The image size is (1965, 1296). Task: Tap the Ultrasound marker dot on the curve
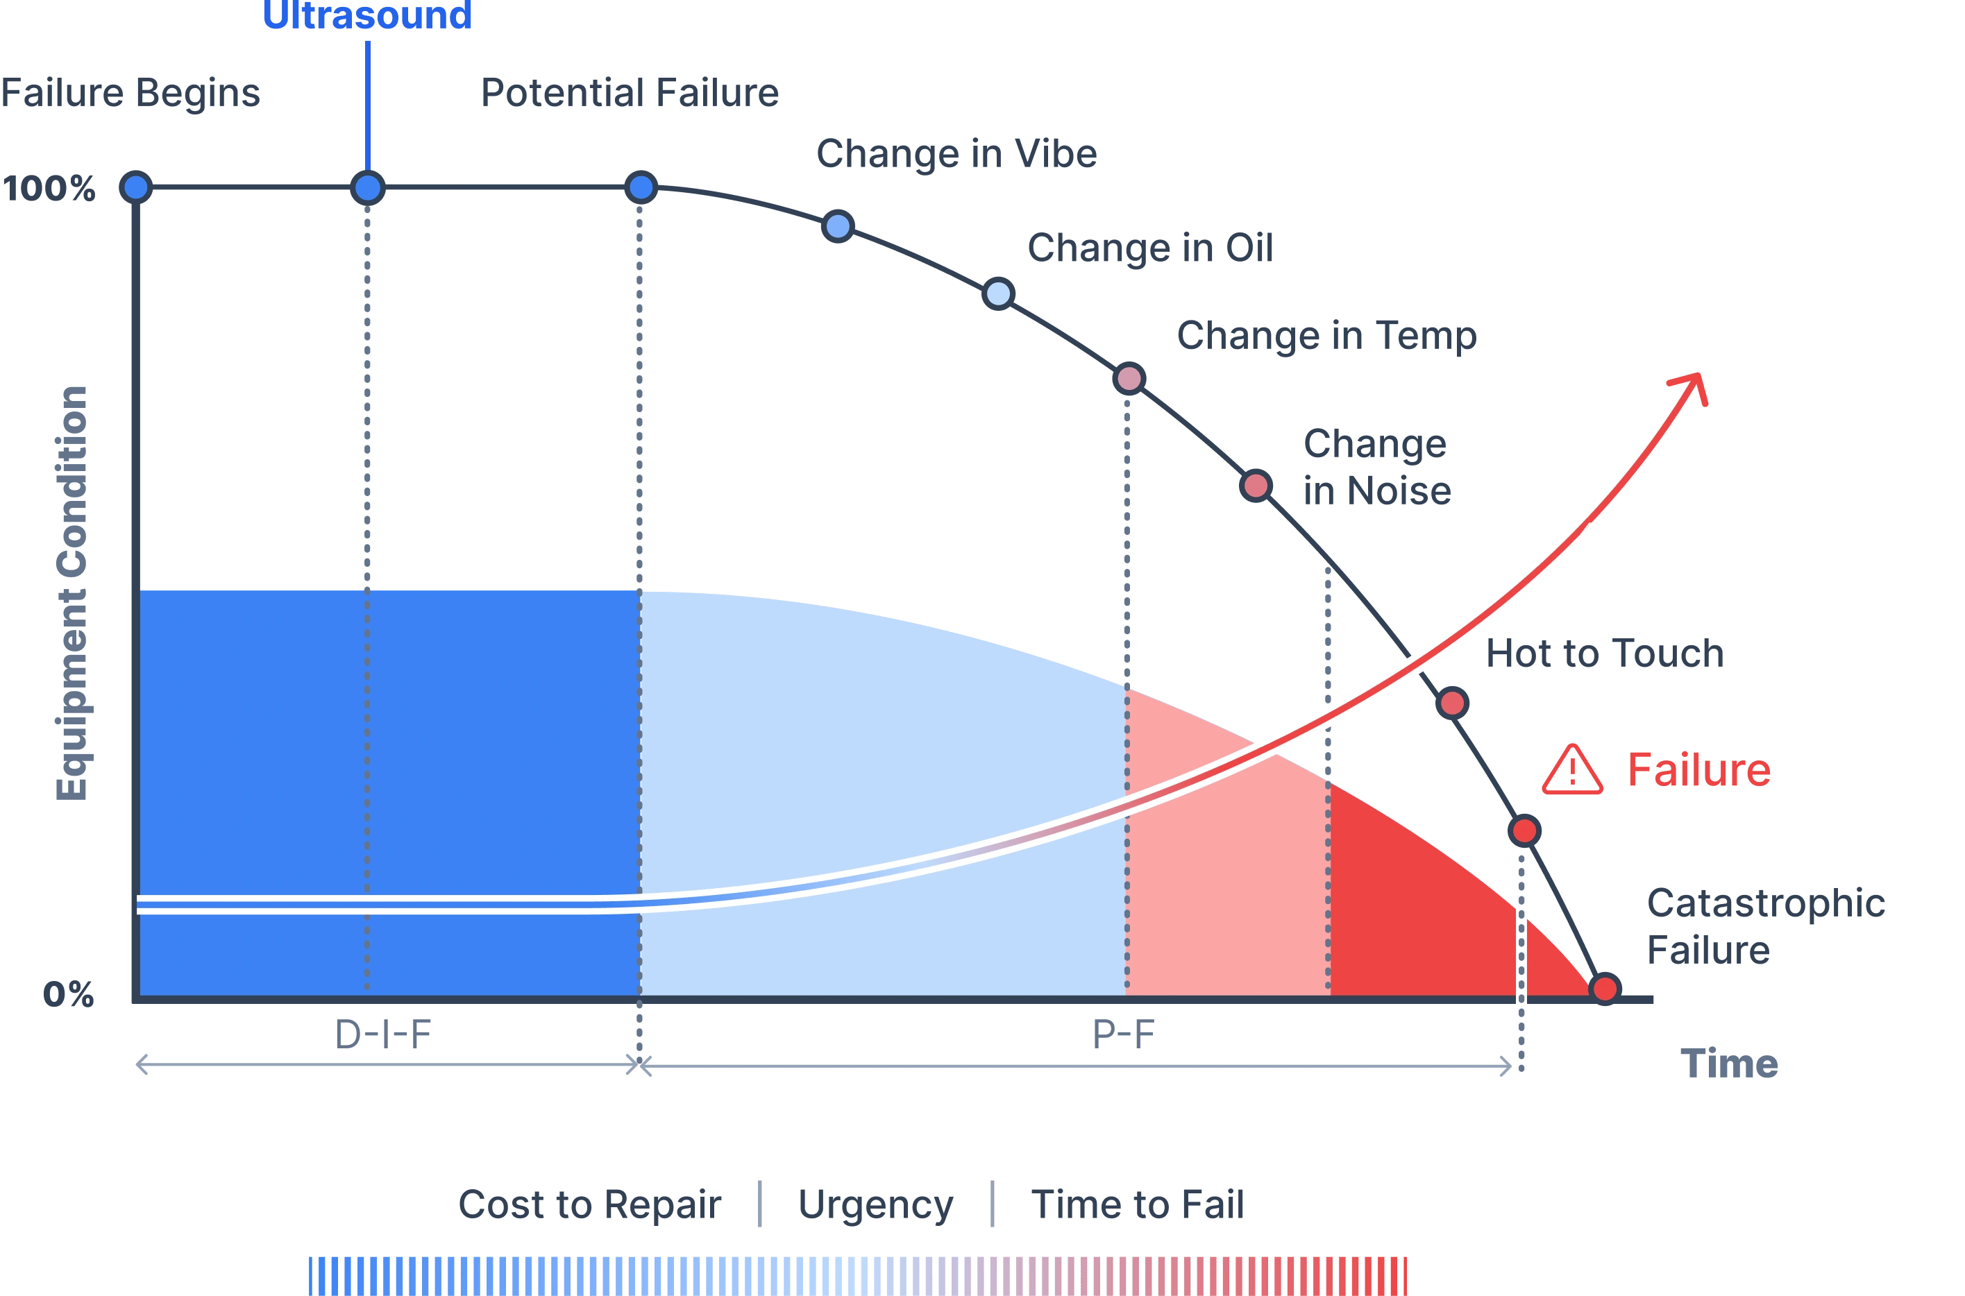368,187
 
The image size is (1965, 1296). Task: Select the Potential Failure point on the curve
641,187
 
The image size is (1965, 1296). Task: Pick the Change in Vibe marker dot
838,225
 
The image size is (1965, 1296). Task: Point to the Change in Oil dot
999,293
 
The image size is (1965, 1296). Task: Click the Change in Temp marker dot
1129,379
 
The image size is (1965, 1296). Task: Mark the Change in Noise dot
1256,485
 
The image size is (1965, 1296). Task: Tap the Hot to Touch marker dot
1453,704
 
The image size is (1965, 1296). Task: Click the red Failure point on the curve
1524,830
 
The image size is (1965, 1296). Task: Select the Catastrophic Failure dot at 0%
1605,989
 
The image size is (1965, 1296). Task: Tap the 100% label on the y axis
49,189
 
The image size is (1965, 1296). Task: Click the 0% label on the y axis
69,994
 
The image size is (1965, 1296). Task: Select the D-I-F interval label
382,1034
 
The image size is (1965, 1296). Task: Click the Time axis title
1728,1063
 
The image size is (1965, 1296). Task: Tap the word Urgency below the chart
875,1205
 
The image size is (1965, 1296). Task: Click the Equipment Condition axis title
72,592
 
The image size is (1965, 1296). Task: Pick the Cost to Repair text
589,1205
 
